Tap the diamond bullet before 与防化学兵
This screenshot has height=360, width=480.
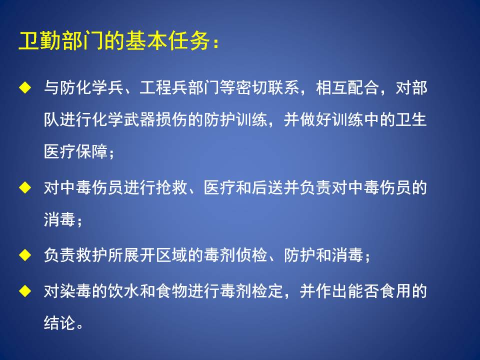click(25, 87)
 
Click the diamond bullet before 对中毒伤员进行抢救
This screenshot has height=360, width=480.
click(25, 187)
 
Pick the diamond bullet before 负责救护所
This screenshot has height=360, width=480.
click(25, 255)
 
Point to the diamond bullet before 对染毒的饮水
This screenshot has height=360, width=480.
click(25, 291)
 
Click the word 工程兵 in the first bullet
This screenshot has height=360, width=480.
click(163, 87)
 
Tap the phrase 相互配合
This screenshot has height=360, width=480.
click(347, 87)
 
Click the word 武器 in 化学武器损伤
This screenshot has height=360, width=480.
click(139, 119)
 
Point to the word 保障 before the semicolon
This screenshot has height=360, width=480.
click(91, 151)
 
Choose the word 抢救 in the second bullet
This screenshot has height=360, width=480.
click(171, 187)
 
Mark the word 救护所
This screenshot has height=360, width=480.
click(99, 255)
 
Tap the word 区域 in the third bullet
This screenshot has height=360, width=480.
click(171, 255)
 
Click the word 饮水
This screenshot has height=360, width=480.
click(123, 291)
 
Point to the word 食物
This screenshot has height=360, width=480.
click(171, 291)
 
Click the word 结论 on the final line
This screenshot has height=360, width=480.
click(59, 322)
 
